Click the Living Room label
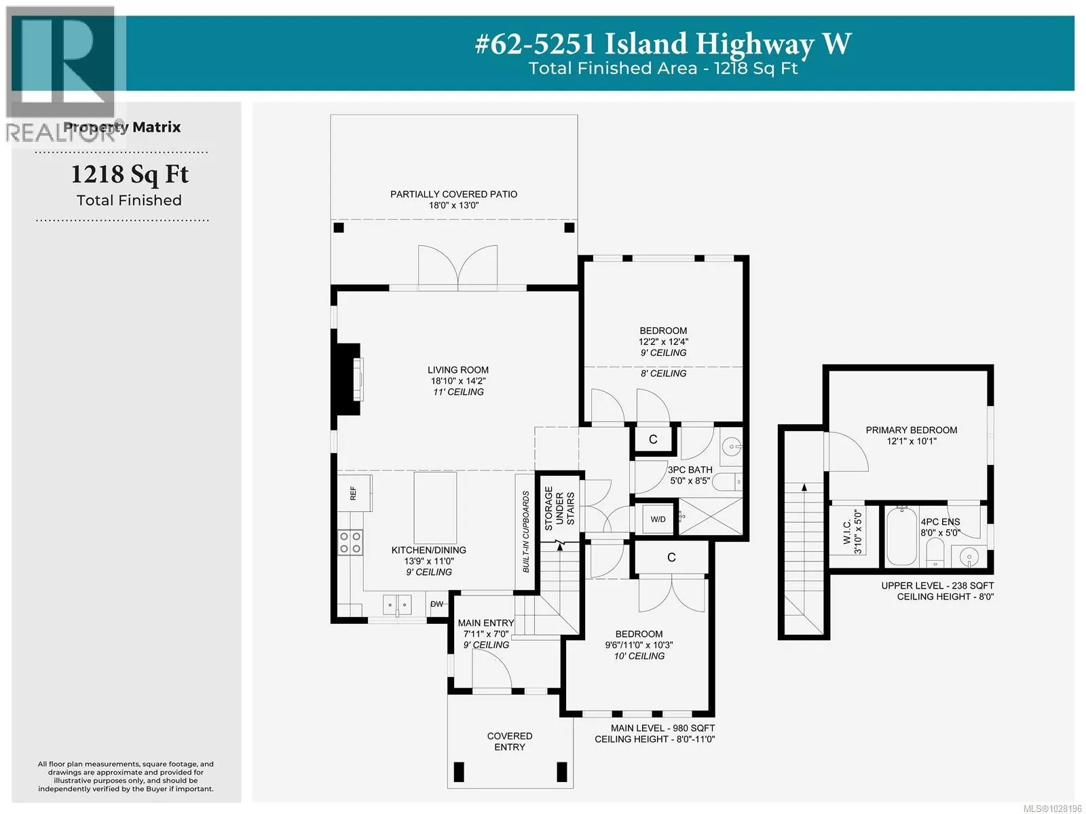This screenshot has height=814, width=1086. (457, 369)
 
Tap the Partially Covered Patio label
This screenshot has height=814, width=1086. (453, 194)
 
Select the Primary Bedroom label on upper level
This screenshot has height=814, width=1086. (911, 430)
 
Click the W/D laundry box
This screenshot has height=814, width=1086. (658, 519)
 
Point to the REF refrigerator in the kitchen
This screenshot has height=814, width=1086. (354, 493)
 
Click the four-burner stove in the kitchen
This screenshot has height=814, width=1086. (350, 542)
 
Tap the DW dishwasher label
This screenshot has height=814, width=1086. (437, 604)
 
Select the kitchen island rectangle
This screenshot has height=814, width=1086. (435, 508)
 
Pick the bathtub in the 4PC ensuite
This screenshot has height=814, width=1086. (901, 536)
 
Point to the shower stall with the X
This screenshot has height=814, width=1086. (710, 517)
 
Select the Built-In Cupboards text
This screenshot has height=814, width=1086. (525, 532)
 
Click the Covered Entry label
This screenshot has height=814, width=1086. (510, 741)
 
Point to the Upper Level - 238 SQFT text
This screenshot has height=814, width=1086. (937, 585)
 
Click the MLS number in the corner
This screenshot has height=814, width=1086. (1052, 808)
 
